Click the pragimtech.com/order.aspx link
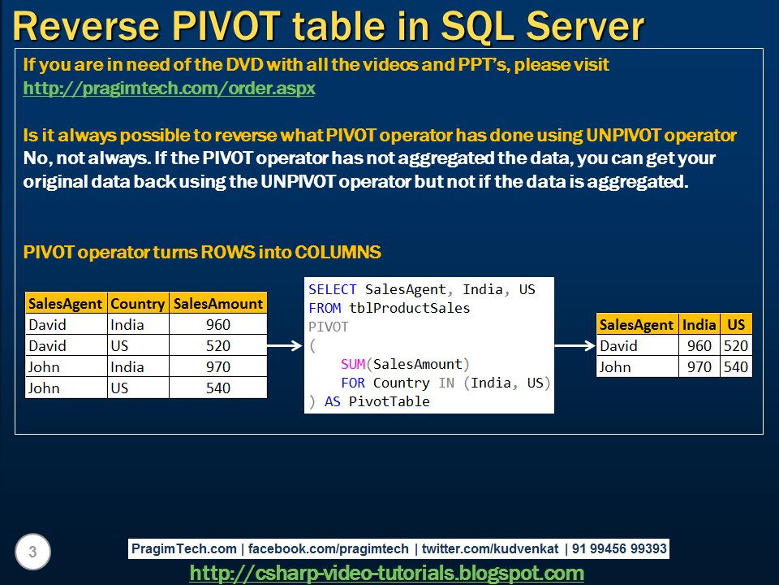click(x=169, y=89)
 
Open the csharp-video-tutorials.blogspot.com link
click(x=386, y=573)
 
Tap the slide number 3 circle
click(x=32, y=552)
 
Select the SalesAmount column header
click(x=218, y=303)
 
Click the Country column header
click(x=138, y=303)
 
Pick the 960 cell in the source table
click(x=218, y=324)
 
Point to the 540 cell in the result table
click(x=736, y=367)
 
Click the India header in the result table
click(x=699, y=324)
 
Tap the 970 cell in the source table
click(x=218, y=367)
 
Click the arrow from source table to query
click(x=285, y=345)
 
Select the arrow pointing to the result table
click(x=575, y=345)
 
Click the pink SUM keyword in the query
click(x=353, y=364)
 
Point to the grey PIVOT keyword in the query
click(x=329, y=327)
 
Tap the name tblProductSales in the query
click(x=409, y=309)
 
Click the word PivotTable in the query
click(x=389, y=401)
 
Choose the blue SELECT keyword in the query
click(x=333, y=289)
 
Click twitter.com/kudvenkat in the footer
click(x=490, y=548)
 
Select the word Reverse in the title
click(x=85, y=26)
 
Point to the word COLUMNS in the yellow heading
click(x=338, y=252)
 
